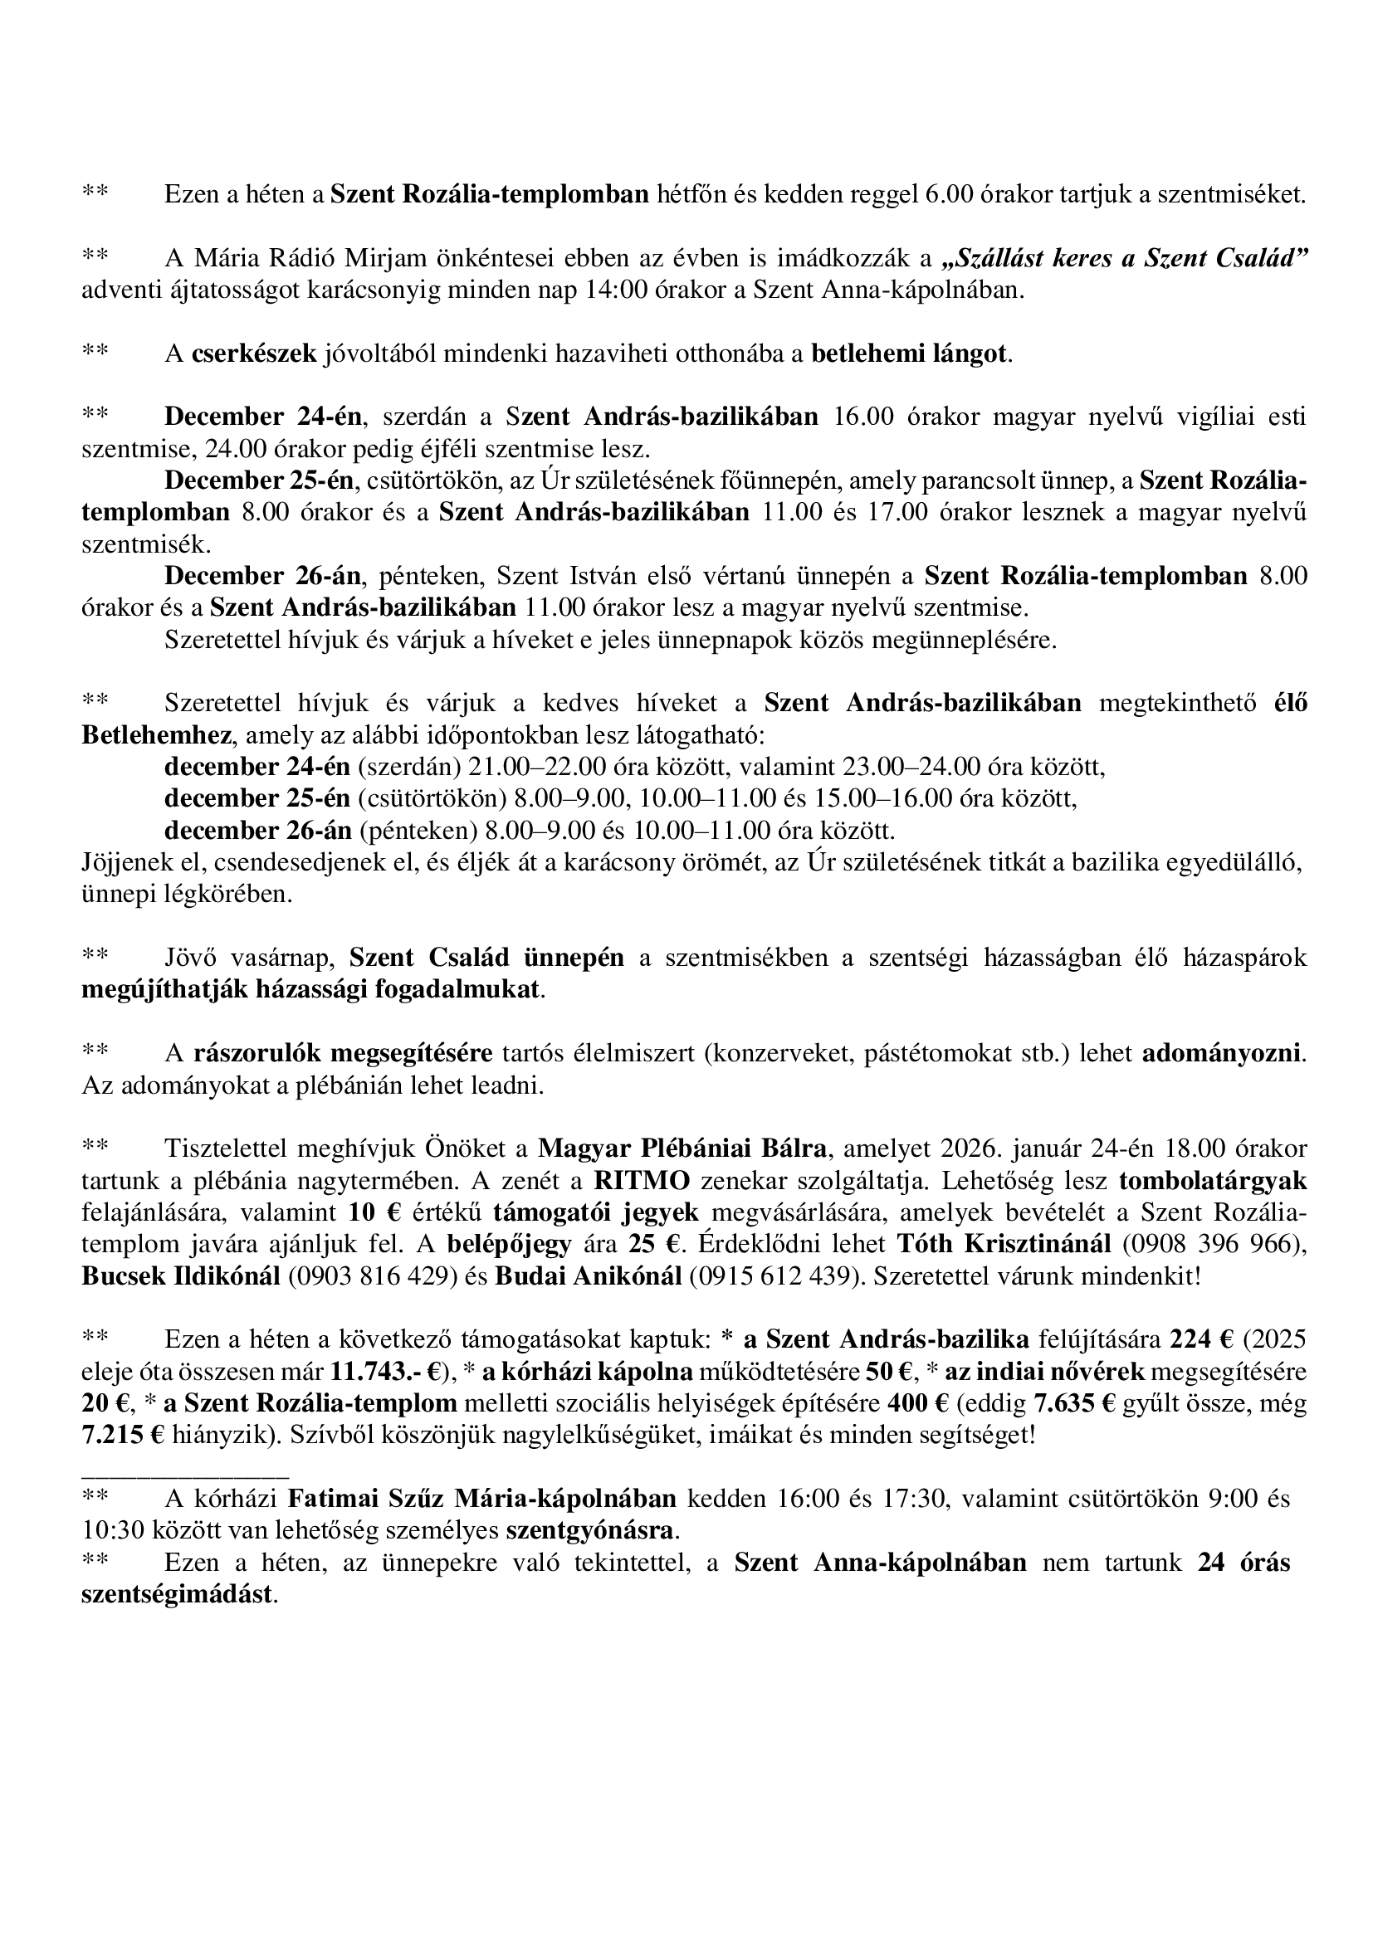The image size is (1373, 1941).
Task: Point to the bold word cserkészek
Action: coord(254,354)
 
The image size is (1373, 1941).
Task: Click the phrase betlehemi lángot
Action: coord(910,354)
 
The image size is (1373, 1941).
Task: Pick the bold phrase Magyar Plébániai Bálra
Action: coord(684,1149)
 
